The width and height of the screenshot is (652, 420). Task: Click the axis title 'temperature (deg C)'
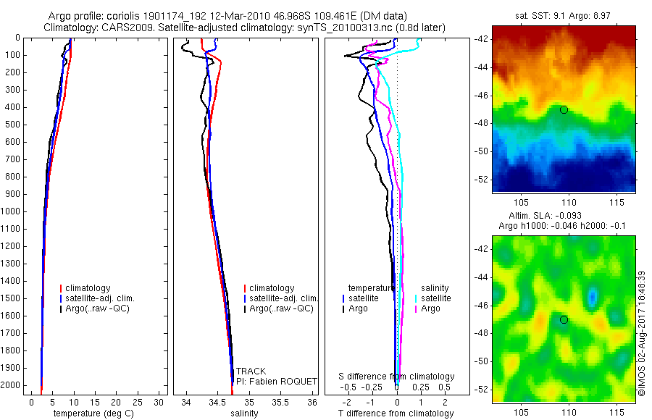click(91, 413)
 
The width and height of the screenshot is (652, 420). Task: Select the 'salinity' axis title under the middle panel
click(243, 413)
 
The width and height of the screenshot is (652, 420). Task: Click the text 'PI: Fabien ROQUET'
click(277, 380)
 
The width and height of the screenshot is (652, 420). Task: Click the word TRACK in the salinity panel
click(251, 371)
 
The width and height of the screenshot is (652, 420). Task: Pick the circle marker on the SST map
click(564, 109)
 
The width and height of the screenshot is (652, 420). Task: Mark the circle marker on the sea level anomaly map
click(564, 319)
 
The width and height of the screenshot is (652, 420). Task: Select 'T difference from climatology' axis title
click(396, 413)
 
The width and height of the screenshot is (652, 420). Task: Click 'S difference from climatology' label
click(397, 377)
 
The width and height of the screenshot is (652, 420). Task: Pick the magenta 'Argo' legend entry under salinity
click(430, 308)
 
